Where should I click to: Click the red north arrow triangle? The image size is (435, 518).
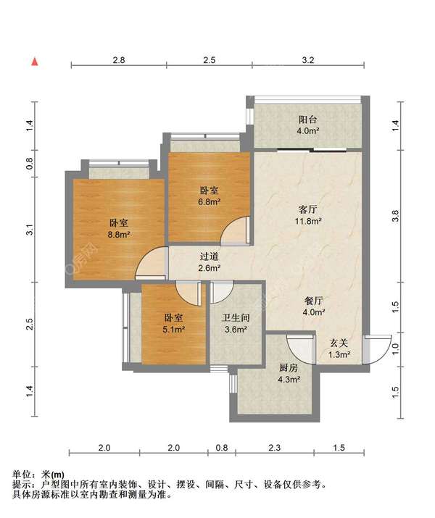click(35, 62)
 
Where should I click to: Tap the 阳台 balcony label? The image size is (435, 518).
click(307, 120)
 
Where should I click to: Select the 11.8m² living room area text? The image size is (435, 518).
click(308, 221)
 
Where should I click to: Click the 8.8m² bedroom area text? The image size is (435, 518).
click(119, 235)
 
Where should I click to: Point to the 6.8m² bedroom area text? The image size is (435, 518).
click(210, 201)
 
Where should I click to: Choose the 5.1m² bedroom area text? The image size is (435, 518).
click(173, 329)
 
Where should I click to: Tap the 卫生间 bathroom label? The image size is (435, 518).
click(236, 318)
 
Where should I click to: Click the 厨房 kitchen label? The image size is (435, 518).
click(289, 368)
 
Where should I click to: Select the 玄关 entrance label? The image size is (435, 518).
click(339, 343)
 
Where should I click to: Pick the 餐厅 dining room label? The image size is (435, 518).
click(313, 301)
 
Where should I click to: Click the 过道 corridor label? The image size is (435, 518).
click(210, 256)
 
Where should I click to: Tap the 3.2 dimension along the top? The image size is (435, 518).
click(307, 60)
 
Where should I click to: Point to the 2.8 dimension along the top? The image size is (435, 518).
click(119, 60)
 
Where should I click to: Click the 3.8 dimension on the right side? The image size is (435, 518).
click(395, 216)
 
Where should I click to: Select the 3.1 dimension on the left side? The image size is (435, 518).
click(30, 229)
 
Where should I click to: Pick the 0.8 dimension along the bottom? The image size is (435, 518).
click(221, 448)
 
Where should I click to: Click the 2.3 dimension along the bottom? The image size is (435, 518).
click(274, 448)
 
